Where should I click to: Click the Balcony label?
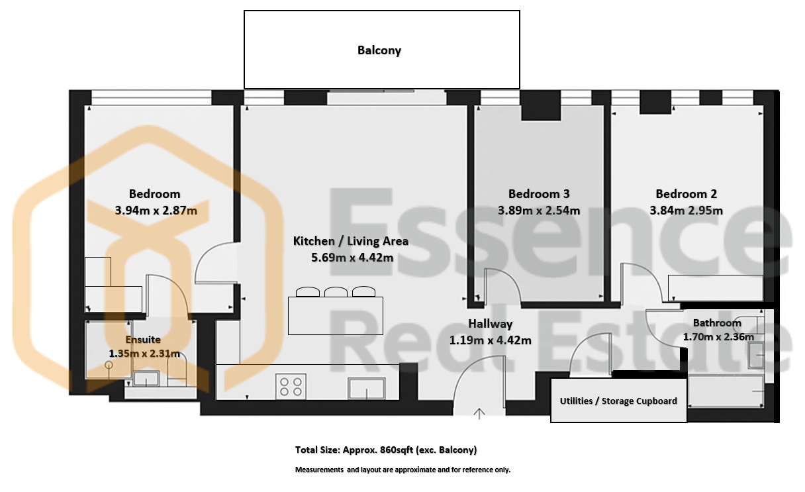379,50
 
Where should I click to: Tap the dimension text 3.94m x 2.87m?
156,210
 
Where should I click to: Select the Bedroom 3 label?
539,194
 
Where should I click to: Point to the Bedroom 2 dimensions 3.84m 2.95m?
686,210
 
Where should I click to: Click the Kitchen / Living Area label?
351,241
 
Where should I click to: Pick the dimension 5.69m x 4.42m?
352,258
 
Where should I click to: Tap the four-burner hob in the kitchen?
291,387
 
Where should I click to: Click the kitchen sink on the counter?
366,388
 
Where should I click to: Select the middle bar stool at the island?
336,291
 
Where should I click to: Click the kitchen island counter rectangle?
335,316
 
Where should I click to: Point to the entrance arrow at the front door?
479,414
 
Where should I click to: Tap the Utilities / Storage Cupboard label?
618,401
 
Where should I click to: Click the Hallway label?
490,324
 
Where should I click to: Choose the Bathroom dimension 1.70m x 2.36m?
718,337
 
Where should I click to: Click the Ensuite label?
143,340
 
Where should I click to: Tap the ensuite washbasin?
146,379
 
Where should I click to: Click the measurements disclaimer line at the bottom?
403,469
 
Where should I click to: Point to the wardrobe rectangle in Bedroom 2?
716,288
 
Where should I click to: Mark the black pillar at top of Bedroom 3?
541,106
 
